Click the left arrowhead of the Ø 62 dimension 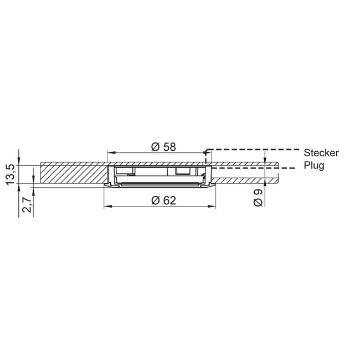coord(107,207)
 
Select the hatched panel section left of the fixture coord(72,174)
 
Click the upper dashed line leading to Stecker coord(249,150)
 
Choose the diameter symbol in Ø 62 coord(155,200)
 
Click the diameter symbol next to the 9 coord(258,203)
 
